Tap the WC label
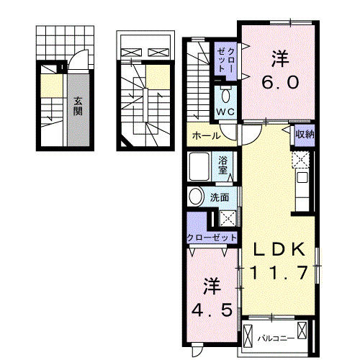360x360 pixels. coord(225,112)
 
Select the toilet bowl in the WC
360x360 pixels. coord(225,96)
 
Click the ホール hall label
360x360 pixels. coord(206,136)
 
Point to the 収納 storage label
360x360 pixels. coord(305,134)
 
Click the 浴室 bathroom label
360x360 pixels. coord(222,166)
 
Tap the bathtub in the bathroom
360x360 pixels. coord(199,166)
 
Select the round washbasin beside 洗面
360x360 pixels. coord(195,197)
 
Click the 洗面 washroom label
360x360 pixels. coord(220,197)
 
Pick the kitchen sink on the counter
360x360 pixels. coord(302,177)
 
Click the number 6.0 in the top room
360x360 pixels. coord(280,82)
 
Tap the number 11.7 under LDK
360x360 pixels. coord(279,272)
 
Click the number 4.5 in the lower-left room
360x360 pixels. coord(212,310)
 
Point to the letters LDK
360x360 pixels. coord(279,250)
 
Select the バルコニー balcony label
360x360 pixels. coord(276,338)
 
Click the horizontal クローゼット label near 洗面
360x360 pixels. coord(212,238)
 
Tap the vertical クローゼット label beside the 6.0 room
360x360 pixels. coord(225,60)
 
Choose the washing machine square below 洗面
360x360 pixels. coord(228,218)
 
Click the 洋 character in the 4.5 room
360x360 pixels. coord(212,286)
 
